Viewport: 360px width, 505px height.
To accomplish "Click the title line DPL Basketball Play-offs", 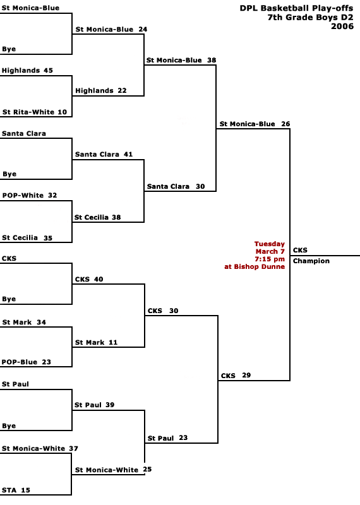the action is pyautogui.click(x=296, y=8).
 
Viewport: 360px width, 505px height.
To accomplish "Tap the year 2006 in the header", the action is pyautogui.click(x=342, y=26).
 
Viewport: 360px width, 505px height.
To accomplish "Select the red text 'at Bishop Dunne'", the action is pyautogui.click(x=255, y=266).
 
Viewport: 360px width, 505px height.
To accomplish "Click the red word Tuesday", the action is pyautogui.click(x=270, y=244).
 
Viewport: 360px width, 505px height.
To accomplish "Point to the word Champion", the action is pyautogui.click(x=311, y=261).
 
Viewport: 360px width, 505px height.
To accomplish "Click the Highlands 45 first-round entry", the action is pyautogui.click(x=27, y=70).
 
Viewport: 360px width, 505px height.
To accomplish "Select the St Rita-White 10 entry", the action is pyautogui.click(x=35, y=112).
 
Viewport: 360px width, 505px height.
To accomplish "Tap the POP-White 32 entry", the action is pyautogui.click(x=30, y=195).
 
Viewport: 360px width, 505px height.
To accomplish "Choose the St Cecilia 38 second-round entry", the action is pyautogui.click(x=98, y=217).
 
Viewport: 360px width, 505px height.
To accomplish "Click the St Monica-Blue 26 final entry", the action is pyautogui.click(x=255, y=124).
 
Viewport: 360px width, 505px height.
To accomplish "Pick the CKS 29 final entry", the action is pyautogui.click(x=236, y=376).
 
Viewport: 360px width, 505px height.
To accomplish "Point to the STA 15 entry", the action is pyautogui.click(x=16, y=490).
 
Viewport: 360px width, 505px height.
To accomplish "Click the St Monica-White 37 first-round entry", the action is pyautogui.click(x=40, y=448).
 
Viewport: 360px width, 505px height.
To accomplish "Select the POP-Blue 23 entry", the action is pyautogui.click(x=27, y=362).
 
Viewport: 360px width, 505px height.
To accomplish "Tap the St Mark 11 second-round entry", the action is pyautogui.click(x=97, y=342).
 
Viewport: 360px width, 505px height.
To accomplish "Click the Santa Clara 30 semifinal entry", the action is pyautogui.click(x=176, y=186).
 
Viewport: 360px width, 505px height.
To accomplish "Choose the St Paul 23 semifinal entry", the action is pyautogui.click(x=167, y=438).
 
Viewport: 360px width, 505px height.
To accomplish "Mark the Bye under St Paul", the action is pyautogui.click(x=9, y=425).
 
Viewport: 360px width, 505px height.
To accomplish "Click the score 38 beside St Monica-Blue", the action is pyautogui.click(x=212, y=60).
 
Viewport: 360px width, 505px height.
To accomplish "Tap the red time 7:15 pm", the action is pyautogui.click(x=270, y=259).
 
